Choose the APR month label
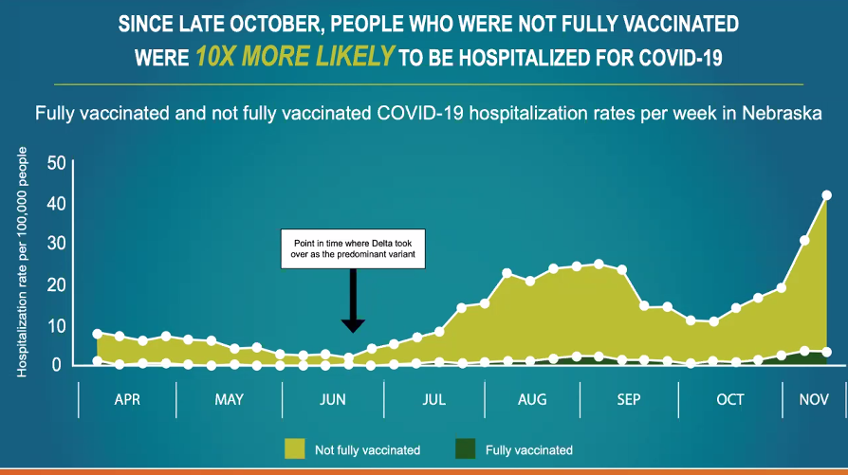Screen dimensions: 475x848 tap(127, 399)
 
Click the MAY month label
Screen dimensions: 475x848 tap(229, 399)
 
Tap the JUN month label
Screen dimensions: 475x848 tap(332, 399)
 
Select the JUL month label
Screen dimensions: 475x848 tap(433, 399)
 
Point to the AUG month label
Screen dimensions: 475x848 tap(532, 399)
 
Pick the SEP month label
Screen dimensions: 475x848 tap(629, 399)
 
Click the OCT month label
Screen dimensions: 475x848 tap(730, 399)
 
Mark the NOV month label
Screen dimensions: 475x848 tap(814, 399)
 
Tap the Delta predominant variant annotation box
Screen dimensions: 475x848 tap(353, 248)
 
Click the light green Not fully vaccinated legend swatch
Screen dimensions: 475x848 tap(294, 448)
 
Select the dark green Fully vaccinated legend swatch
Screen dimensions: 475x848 tap(465, 448)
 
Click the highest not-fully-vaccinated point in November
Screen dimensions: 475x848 tap(826, 195)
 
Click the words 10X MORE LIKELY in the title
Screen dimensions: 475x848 tap(294, 57)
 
